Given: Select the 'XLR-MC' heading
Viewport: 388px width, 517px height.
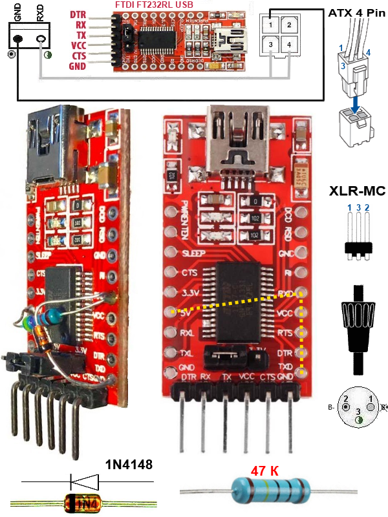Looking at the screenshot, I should pyautogui.click(x=357, y=191).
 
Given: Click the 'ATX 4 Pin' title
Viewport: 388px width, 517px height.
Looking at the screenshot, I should pyautogui.click(x=356, y=12).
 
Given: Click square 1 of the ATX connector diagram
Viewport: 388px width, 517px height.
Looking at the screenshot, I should pyautogui.click(x=275, y=25).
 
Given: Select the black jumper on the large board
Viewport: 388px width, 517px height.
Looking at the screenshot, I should pyautogui.click(x=221, y=353).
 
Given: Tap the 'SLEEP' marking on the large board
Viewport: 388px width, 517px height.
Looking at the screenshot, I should pyautogui.click(x=195, y=253).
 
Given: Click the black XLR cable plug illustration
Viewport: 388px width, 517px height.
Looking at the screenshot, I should pyautogui.click(x=355, y=330).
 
